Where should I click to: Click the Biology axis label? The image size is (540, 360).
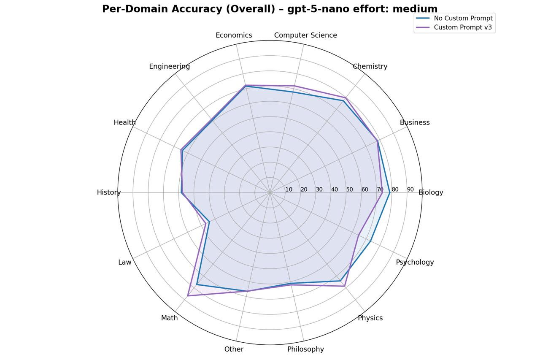point(431,192)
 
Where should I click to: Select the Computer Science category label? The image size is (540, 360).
point(305,35)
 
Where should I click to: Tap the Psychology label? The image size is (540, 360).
point(415,262)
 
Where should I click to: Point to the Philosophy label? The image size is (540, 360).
point(305,349)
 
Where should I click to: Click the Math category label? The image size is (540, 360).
point(169,318)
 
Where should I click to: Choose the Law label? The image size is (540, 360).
point(124,262)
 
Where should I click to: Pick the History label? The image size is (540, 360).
point(109,192)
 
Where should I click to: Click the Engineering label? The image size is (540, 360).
point(169,66)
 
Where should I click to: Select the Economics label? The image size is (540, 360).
point(234,35)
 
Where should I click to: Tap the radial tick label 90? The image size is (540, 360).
point(410,189)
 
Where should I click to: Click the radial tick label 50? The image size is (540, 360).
point(349,189)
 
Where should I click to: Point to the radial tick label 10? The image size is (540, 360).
point(289,189)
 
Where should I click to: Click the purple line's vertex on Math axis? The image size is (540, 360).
point(188,296)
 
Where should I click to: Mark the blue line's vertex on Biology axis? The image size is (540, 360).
point(389,192)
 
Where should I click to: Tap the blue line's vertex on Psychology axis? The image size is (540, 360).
point(370,241)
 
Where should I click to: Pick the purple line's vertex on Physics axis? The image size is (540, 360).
point(345,286)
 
